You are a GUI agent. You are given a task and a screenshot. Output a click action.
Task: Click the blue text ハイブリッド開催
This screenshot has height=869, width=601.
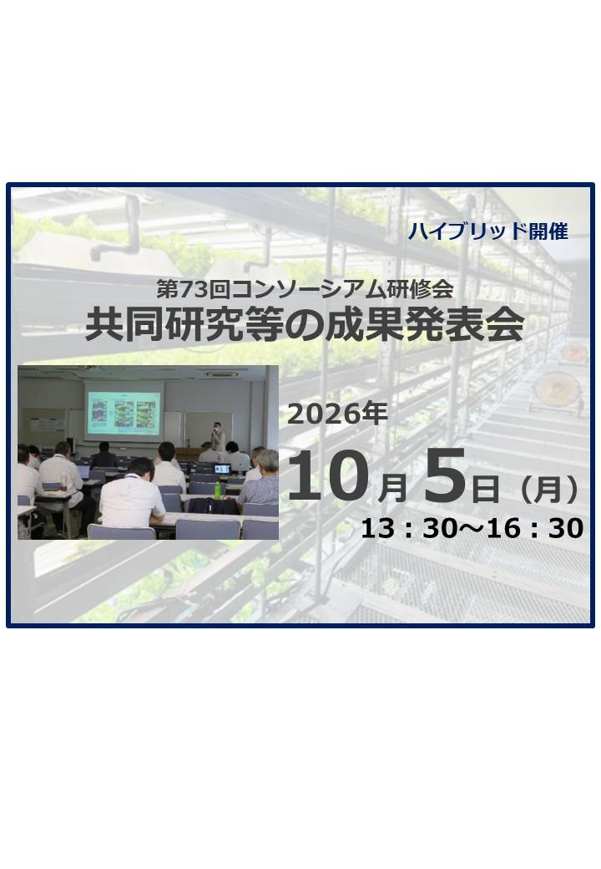point(487,231)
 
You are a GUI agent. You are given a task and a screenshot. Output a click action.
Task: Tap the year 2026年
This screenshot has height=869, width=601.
point(337,413)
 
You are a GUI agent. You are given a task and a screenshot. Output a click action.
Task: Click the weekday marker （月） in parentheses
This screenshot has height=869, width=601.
point(543,490)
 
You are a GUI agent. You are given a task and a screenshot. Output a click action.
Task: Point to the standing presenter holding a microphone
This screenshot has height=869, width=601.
point(219,435)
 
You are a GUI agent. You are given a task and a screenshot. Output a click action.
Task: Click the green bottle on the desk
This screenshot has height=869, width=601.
point(218,490)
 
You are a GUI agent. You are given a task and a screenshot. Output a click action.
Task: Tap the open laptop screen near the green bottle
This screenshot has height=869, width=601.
point(223,469)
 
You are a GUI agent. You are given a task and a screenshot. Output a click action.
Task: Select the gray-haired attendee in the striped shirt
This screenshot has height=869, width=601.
point(261,478)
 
